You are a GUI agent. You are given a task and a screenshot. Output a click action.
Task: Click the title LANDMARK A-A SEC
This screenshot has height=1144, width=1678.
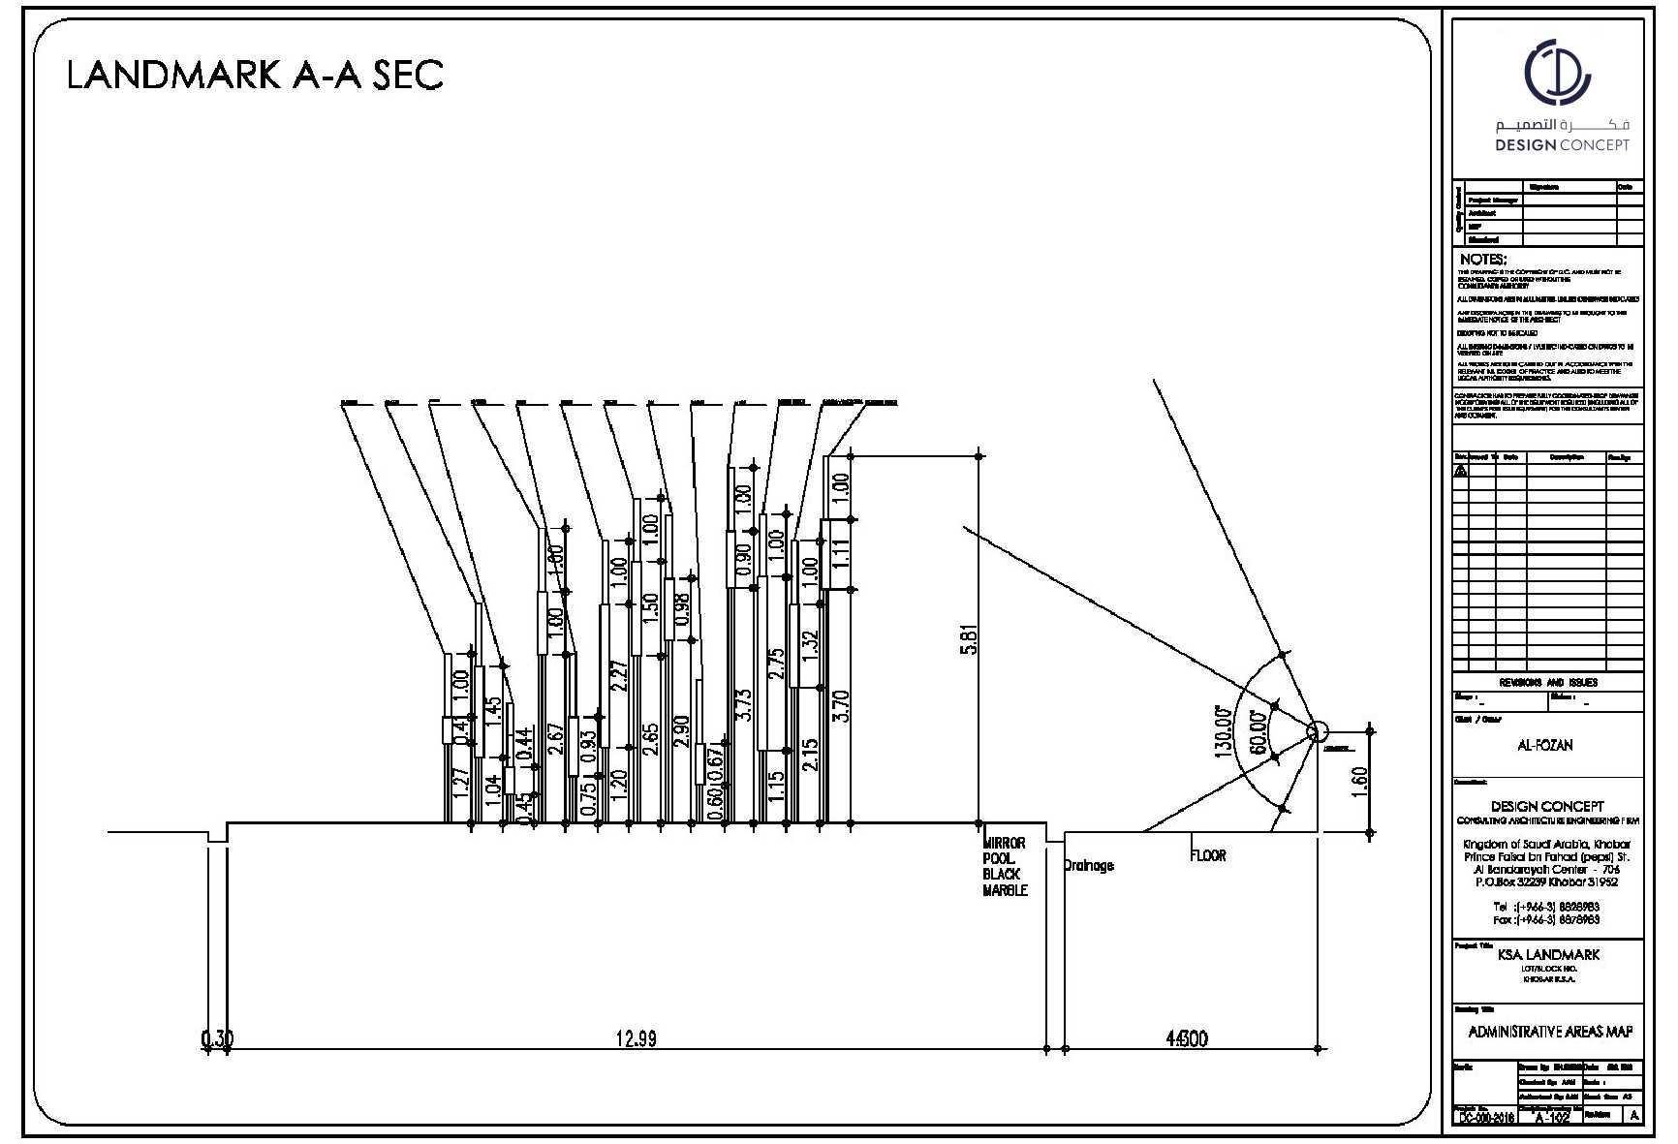pyautogui.click(x=255, y=75)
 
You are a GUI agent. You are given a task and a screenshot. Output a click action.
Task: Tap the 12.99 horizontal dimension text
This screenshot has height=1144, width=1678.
pyautogui.click(x=637, y=1039)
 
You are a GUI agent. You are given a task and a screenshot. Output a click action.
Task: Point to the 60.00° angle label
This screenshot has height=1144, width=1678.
pyautogui.click(x=1258, y=732)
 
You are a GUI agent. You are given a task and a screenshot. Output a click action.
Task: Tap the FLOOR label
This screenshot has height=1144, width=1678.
pyautogui.click(x=1208, y=856)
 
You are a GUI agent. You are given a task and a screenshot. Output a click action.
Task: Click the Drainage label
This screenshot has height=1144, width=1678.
pyautogui.click(x=1089, y=866)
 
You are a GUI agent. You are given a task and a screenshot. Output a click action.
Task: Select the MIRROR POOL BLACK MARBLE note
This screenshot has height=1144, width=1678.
pyautogui.click(x=1005, y=867)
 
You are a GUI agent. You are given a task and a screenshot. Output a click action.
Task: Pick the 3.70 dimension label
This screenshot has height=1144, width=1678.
pyautogui.click(x=841, y=706)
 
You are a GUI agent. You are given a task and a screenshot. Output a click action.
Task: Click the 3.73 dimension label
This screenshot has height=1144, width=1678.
pyautogui.click(x=744, y=707)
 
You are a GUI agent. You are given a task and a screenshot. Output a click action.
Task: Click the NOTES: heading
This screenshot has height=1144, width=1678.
pyautogui.click(x=1483, y=260)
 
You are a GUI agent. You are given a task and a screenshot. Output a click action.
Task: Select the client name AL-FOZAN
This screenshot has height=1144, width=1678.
pyautogui.click(x=1544, y=746)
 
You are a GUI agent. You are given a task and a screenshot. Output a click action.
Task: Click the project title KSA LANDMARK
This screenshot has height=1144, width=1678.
pyautogui.click(x=1548, y=954)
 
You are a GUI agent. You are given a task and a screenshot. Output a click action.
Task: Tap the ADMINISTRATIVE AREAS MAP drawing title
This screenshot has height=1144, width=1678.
pyautogui.click(x=1550, y=1032)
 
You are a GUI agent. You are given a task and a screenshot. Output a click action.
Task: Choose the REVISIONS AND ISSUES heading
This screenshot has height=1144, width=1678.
pyautogui.click(x=1548, y=682)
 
